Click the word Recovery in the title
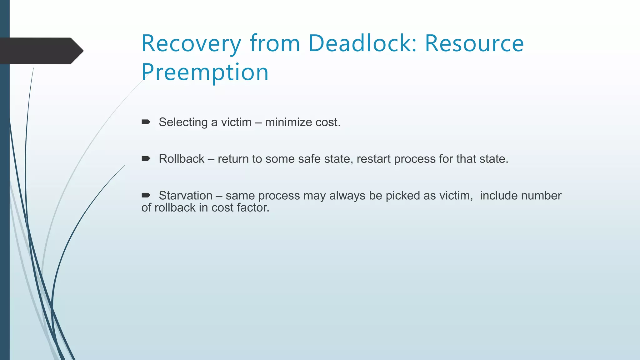pyautogui.click(x=191, y=44)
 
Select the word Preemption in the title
pyautogui.click(x=205, y=72)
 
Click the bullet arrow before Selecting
pyautogui.click(x=146, y=122)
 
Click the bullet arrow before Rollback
pyautogui.click(x=146, y=159)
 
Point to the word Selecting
pyautogui.click(x=183, y=122)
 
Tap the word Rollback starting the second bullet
pyautogui.click(x=182, y=159)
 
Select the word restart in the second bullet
pyautogui.click(x=373, y=159)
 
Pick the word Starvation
pyautogui.click(x=186, y=196)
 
